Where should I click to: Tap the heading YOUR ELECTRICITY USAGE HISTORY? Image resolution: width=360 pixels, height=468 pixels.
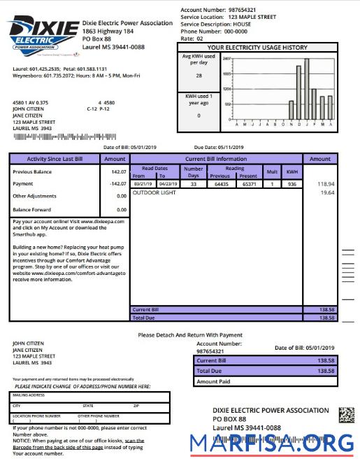[x=277, y=48]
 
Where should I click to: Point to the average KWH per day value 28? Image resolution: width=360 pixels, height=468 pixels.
[x=199, y=76]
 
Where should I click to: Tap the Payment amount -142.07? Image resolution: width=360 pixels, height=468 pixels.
[x=117, y=184]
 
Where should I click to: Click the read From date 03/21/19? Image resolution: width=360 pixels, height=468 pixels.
[x=143, y=184]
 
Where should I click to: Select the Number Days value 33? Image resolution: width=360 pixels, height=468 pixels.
[x=193, y=184]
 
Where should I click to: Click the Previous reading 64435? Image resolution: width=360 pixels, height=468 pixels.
[x=222, y=184]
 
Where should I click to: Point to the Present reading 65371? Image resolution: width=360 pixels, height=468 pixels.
[x=248, y=184]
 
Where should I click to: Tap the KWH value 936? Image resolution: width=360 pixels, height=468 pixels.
[x=291, y=184]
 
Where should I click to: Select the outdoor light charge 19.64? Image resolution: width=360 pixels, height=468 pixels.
[x=326, y=192]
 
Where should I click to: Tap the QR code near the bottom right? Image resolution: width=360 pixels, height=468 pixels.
[x=347, y=415]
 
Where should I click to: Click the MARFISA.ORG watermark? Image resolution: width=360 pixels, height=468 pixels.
[x=272, y=444]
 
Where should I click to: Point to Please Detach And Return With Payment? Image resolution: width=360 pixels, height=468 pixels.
[x=190, y=335]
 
